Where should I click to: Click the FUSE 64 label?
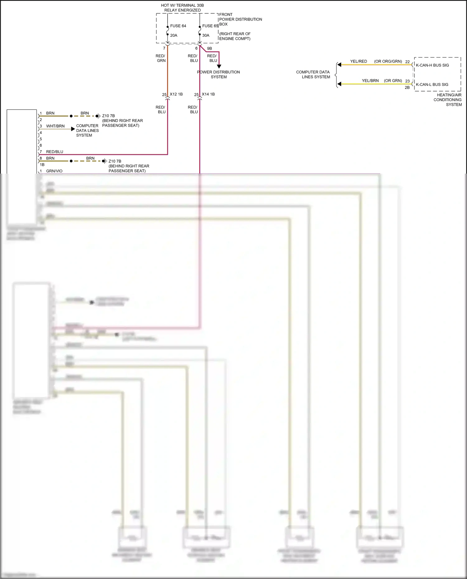click(178, 26)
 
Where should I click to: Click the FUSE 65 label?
click(210, 26)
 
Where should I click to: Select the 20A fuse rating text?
click(174, 35)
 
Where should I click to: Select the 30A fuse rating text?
click(206, 35)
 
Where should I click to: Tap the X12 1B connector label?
click(176, 94)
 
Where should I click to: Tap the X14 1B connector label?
click(208, 94)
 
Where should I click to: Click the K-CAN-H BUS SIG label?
click(432, 65)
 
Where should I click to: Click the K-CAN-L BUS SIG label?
click(432, 85)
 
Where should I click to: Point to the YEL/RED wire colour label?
click(358, 62)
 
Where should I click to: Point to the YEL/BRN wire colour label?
click(370, 81)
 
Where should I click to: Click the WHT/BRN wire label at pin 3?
click(55, 126)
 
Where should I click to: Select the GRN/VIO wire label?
click(54, 171)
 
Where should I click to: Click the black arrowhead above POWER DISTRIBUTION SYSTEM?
click(219, 66)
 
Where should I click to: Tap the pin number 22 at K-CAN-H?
click(407, 62)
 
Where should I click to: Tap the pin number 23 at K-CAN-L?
click(407, 81)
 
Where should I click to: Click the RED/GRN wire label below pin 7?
click(161, 58)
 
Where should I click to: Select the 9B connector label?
click(210, 49)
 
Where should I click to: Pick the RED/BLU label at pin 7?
click(54, 152)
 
